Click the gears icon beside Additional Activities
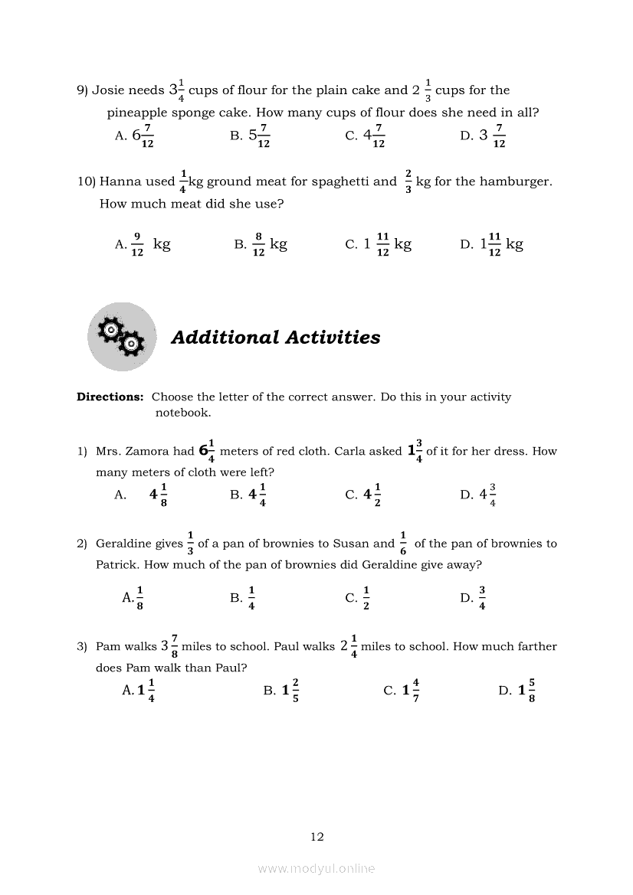coord(121,337)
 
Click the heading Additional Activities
coord(275,338)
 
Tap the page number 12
coord(317,837)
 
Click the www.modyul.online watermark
coord(316,868)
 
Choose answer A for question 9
coord(135,136)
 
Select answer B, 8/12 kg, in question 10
coord(261,244)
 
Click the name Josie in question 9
coord(108,90)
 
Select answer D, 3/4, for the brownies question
coord(474,597)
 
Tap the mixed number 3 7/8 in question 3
coord(169,646)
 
